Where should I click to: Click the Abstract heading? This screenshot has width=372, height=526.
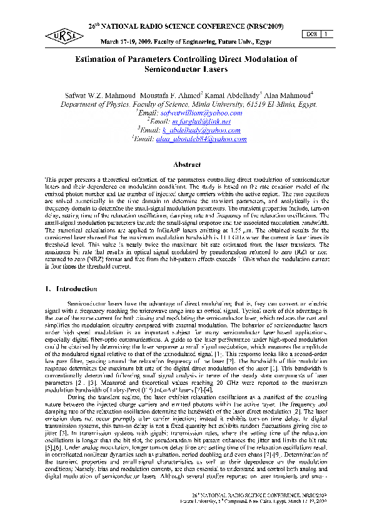pos(186,164)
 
